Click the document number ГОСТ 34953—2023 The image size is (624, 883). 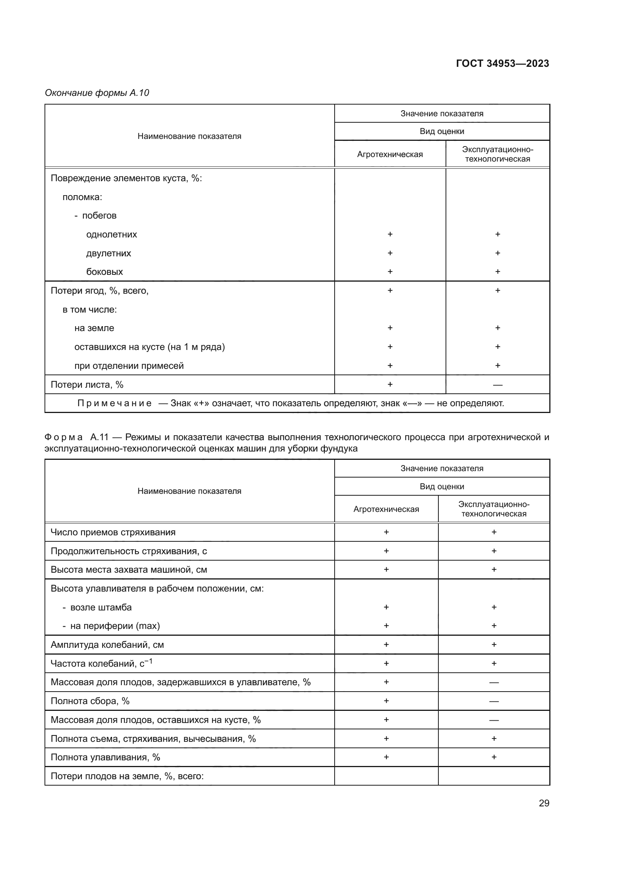coord(502,63)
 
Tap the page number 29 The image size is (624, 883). coord(544,803)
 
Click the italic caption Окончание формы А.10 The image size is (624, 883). coord(97,93)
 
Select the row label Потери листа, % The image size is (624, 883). coord(87,385)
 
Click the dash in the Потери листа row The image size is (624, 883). coord(497,385)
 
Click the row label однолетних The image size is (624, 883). coord(111,234)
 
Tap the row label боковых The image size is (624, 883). coord(105,271)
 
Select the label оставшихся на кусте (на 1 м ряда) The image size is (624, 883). coord(149,347)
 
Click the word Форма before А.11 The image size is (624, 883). coord(63,437)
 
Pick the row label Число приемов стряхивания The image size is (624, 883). coord(113,532)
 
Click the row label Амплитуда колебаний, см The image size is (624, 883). coord(107,644)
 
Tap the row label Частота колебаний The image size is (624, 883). coord(101,663)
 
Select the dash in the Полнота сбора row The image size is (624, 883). coord(494,701)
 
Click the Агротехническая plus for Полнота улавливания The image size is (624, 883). coord(386,757)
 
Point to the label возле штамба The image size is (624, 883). coord(101,607)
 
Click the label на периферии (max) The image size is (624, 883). coord(115,626)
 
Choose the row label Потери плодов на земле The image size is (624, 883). coord(127,776)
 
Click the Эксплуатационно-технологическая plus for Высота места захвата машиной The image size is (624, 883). coord(494,570)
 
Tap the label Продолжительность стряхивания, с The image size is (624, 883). coord(129,551)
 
